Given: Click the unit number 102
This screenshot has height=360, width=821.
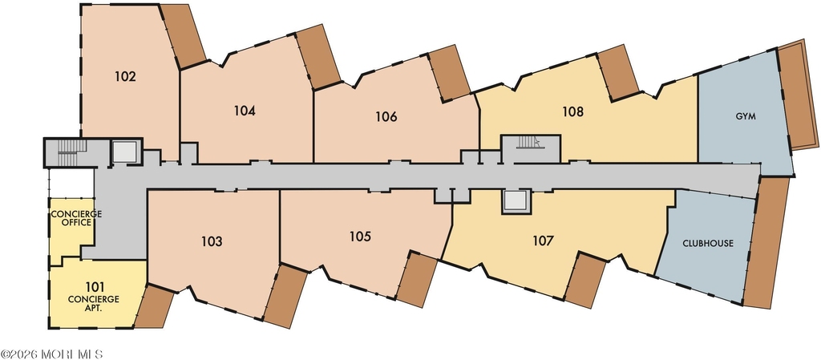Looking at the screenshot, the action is coord(126,76).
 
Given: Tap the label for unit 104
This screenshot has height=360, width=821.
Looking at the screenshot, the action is coord(245,111).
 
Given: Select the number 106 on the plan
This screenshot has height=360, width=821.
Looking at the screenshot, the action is coord(386,117).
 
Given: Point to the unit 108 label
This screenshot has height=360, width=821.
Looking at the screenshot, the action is coord(572,111).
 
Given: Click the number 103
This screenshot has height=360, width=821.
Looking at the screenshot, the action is coord(212,241).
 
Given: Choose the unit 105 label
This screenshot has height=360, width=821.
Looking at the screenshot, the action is coord(360,237).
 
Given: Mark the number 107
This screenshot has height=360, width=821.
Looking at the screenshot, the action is coord(543,241).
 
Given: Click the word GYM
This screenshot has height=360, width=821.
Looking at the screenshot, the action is coord(746,117).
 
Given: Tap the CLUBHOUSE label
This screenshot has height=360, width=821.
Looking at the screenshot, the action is coord(708,243).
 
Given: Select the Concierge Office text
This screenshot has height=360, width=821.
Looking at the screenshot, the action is coord(76,218).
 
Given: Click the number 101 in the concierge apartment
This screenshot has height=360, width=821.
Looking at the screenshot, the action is coord(95,287).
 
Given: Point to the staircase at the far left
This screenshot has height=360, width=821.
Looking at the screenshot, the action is coord(67,153).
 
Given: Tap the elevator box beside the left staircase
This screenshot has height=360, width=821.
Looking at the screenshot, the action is coord(124,152).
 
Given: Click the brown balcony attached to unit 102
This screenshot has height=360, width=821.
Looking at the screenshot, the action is coord(183,35).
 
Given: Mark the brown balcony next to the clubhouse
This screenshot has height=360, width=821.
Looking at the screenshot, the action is coord(766,242).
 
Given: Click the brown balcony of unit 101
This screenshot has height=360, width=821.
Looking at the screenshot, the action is coord(155,306).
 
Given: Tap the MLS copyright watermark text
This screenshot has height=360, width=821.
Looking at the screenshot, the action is coord(51,354).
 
